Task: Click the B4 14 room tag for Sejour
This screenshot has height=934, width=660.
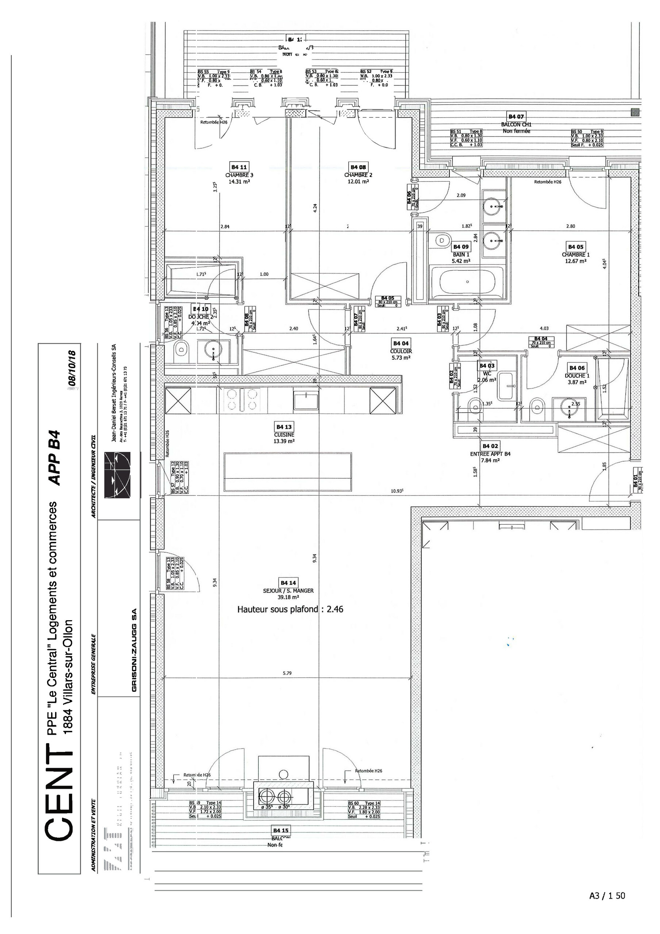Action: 288,583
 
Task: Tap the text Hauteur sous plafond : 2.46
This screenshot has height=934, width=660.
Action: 290,609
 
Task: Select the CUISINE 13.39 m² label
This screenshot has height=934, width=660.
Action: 284,438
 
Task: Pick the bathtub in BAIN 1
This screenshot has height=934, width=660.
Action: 467,282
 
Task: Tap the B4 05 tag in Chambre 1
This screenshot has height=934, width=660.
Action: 576,247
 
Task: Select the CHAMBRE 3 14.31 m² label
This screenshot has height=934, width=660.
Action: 239,178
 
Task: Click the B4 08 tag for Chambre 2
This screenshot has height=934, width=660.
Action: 358,167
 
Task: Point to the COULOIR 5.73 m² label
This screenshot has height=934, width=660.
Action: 401,354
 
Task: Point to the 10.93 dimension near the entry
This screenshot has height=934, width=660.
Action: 397,491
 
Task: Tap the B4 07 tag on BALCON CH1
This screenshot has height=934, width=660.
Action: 516,117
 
